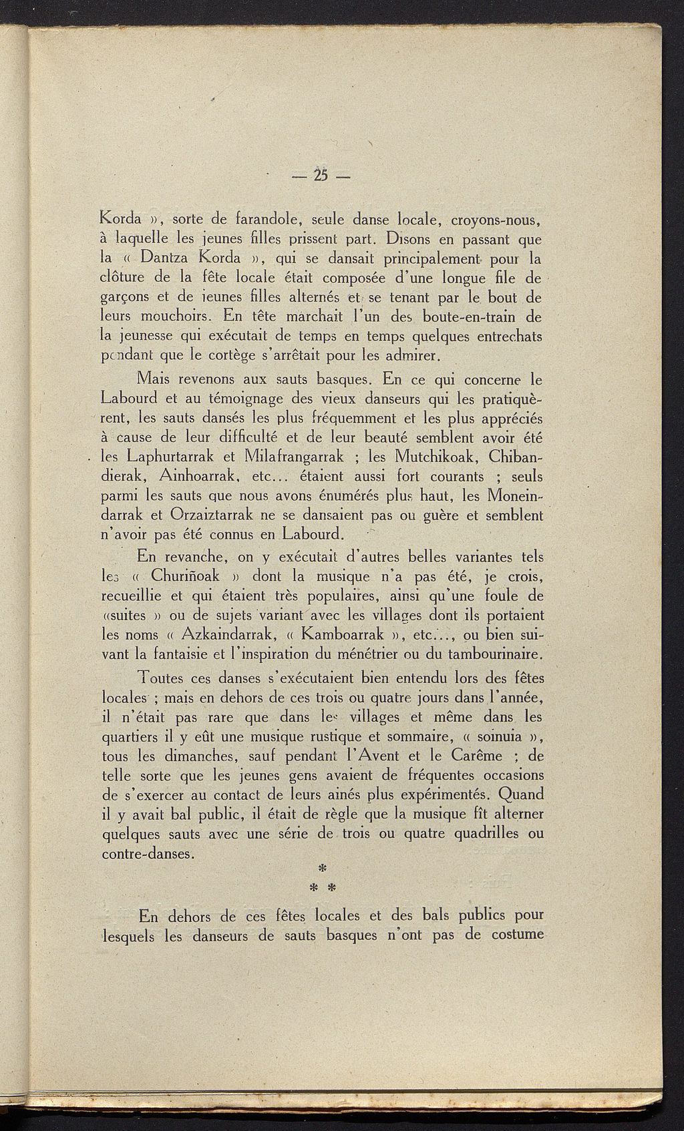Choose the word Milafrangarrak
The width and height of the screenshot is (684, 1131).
tap(295, 457)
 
